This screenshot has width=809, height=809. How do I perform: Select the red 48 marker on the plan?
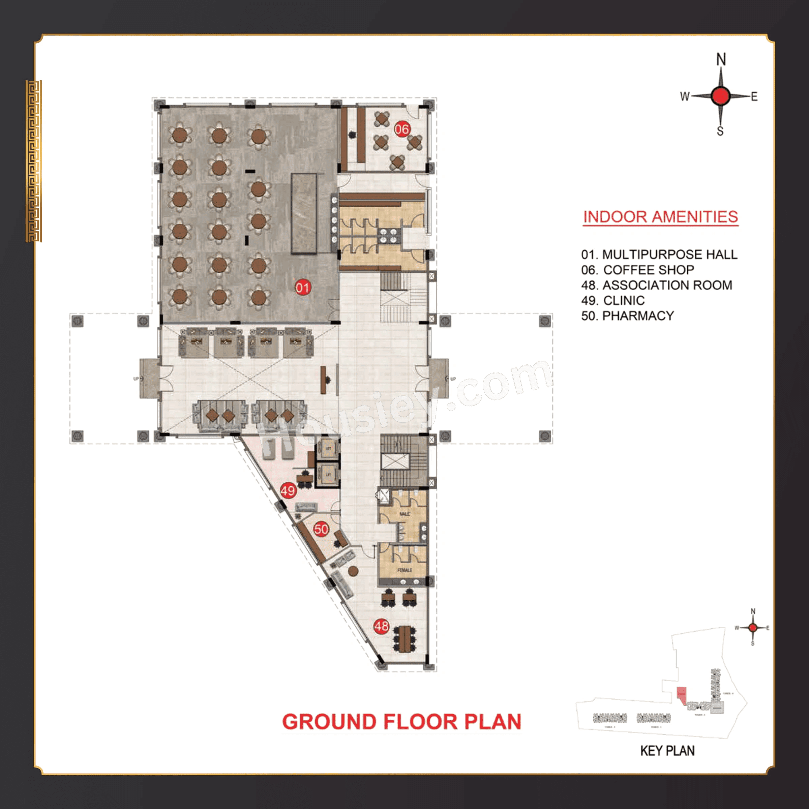(381, 626)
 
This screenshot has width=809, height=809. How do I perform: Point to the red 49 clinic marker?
(288, 490)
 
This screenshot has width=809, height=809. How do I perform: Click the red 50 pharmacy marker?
(321, 529)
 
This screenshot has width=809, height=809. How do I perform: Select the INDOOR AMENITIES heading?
(660, 217)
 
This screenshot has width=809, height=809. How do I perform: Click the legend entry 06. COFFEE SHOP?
(637, 270)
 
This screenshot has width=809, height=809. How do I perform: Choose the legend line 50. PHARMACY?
(627, 316)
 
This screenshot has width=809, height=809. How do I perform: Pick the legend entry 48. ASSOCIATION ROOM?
(657, 285)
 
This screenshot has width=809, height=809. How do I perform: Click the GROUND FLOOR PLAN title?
(401, 721)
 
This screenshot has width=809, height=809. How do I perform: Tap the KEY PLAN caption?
(667, 751)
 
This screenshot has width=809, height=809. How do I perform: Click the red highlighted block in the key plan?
(682, 695)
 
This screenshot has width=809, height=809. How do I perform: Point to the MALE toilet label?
(404, 514)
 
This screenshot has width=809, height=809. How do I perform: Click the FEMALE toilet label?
(404, 570)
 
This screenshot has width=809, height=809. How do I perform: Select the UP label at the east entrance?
(453, 379)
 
